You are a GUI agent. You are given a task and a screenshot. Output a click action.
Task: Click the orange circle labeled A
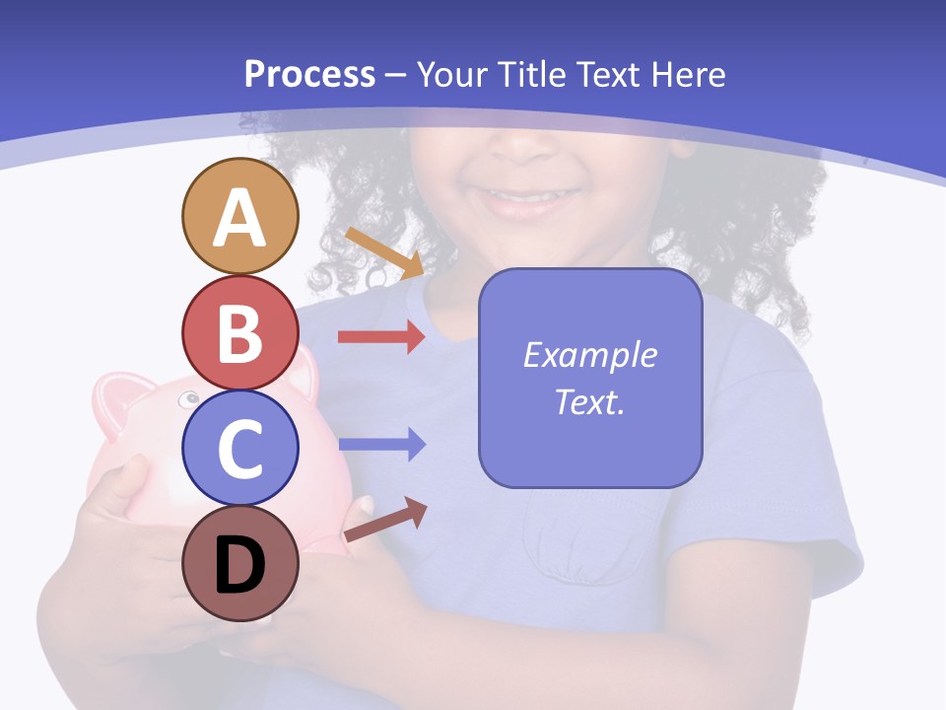click(239, 216)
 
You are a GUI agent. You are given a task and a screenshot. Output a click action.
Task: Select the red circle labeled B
click(239, 332)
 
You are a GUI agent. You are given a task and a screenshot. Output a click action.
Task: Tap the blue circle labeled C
click(239, 448)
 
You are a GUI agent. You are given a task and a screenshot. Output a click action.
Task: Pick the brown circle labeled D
click(239, 564)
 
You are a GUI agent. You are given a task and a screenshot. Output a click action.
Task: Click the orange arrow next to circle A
click(384, 252)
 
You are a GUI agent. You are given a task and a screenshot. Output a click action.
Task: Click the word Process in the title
click(309, 75)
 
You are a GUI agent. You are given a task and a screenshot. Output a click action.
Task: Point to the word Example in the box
click(589, 355)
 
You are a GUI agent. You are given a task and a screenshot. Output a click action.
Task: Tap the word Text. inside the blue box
click(589, 402)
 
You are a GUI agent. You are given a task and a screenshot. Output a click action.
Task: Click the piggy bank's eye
click(188, 399)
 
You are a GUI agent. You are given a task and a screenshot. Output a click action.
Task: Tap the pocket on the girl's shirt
click(581, 542)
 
